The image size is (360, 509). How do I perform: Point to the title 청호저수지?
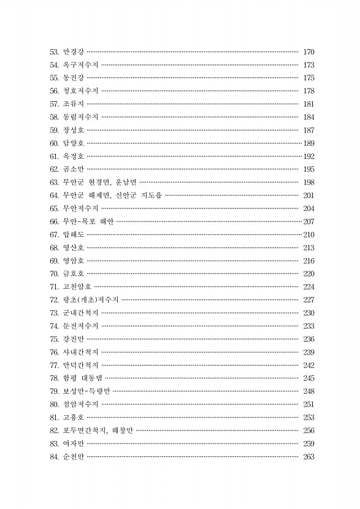[80, 91]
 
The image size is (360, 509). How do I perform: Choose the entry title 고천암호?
[77, 286]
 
